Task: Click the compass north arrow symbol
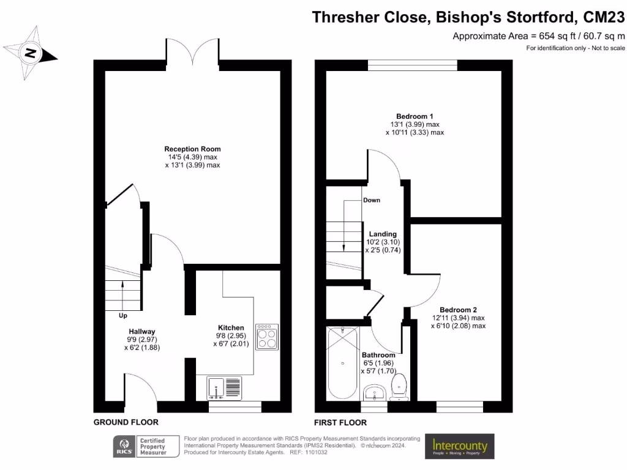point(29,54)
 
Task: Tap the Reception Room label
point(192,149)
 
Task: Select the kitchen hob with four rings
point(266,337)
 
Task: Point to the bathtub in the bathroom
point(341,363)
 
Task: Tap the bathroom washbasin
point(373,391)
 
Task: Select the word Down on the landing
point(372,200)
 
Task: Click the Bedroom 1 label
point(415,116)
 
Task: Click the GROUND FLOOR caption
point(126,422)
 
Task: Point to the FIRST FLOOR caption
point(340,422)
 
